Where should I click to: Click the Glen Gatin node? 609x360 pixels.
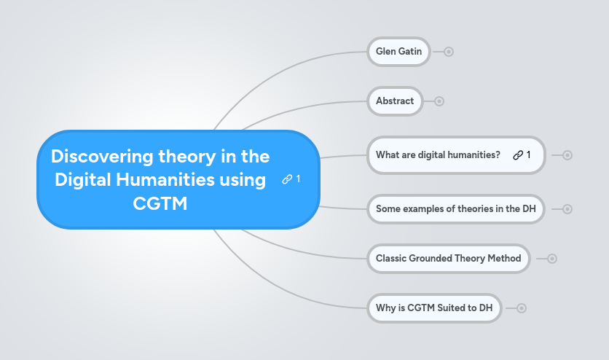coord(398,52)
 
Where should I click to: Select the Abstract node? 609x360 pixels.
coord(395,101)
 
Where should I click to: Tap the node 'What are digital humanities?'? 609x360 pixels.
coord(438,154)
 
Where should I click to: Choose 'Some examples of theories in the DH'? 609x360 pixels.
coord(455,209)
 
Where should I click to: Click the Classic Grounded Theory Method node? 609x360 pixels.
coord(448,258)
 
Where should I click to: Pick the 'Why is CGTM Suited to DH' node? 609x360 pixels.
coord(434,308)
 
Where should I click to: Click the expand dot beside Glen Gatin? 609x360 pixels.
coord(449,52)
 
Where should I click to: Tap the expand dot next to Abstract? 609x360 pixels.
coord(439,101)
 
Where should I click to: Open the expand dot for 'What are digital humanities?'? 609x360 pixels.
coord(567,154)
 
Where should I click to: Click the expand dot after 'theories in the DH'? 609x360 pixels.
coord(567,209)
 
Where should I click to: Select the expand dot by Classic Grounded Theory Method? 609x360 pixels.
coord(552,258)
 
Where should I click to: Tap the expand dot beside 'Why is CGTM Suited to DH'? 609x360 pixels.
coord(522,308)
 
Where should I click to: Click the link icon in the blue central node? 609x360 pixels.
coord(287,179)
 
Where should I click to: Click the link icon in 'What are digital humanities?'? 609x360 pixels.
coord(518,154)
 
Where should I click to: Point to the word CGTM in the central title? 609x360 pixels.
coord(160,204)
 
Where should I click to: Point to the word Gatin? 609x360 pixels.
coord(409,52)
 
